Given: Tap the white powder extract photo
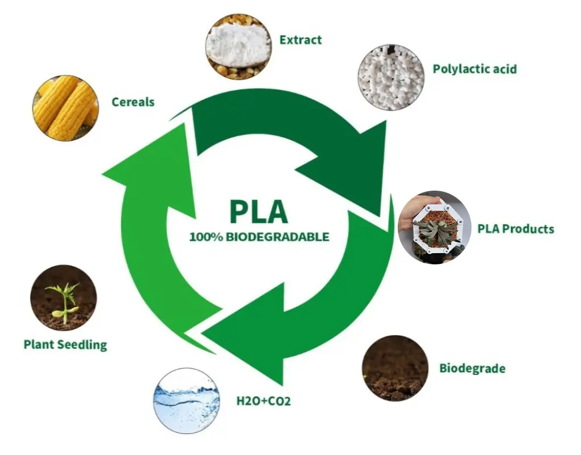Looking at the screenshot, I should [x=238, y=47].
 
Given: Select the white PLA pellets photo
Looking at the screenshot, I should [x=391, y=77].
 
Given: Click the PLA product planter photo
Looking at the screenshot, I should [x=435, y=227].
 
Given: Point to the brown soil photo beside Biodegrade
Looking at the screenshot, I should [x=395, y=368].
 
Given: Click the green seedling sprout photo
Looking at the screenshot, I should [x=64, y=298].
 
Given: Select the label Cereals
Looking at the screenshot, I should [x=133, y=102].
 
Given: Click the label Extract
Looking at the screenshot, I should [x=300, y=40].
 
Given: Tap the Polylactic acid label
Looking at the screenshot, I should [x=474, y=69].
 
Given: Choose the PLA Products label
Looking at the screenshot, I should [x=515, y=229].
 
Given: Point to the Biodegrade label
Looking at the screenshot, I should [x=472, y=368].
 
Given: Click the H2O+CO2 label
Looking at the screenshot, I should [x=263, y=402].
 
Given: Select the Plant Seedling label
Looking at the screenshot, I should [x=65, y=344].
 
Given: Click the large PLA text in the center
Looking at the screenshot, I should [x=259, y=210].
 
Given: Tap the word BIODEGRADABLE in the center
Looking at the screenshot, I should [x=277, y=237].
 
